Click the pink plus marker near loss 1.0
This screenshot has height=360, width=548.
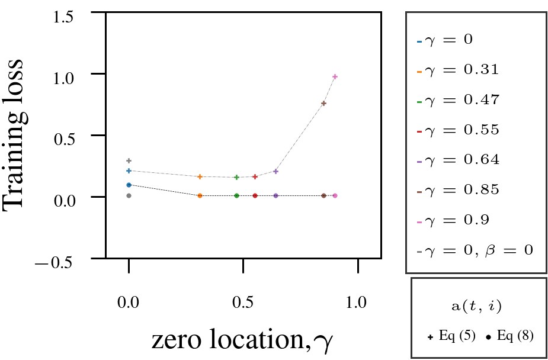pyautogui.click(x=335, y=76)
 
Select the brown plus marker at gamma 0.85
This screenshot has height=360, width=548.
pyautogui.click(x=323, y=103)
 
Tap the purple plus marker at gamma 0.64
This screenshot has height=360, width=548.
pyautogui.click(x=275, y=171)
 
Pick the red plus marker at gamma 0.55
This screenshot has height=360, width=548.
pyautogui.click(x=255, y=176)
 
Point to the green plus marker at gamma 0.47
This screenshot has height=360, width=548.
pyautogui.click(x=236, y=177)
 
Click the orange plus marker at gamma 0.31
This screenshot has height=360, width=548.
pyautogui.click(x=200, y=176)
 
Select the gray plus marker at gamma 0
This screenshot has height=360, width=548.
pyautogui.click(x=129, y=160)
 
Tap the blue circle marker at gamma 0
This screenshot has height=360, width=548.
pyautogui.click(x=129, y=185)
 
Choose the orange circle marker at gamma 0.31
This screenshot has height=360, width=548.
pyautogui.click(x=200, y=195)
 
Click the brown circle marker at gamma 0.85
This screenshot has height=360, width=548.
pyautogui.click(x=323, y=195)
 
